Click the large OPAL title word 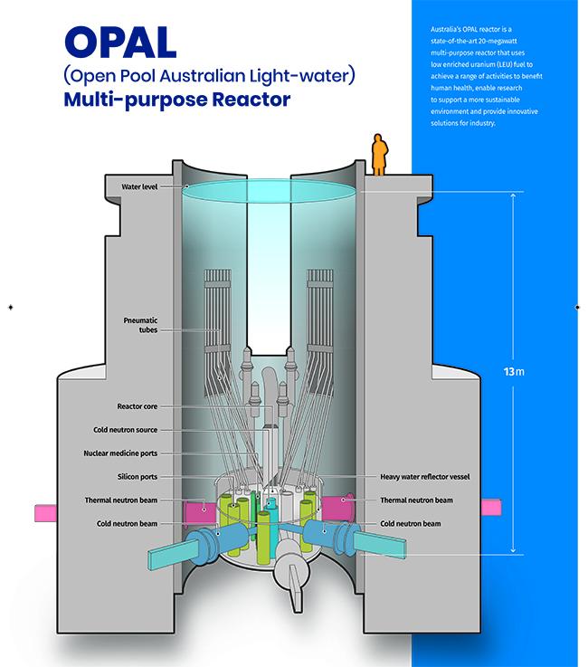pos(120,43)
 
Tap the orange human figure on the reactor pos(379,155)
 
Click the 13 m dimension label pos(514,372)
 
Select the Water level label pos(139,186)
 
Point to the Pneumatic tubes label pos(140,325)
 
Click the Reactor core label pos(138,406)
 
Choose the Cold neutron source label pos(126,430)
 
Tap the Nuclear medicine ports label pos(120,453)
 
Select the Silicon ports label pos(138,477)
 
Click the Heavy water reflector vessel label pos(425,477)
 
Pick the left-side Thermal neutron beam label pos(121,500)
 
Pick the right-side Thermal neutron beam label pos(417,500)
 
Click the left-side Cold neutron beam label pos(128,524)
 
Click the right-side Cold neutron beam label pos(411,524)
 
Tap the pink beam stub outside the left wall pos(45,513)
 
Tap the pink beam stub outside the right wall pos(491,507)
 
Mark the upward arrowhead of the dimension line pos(513,195)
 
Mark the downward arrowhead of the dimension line pos(513,550)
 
